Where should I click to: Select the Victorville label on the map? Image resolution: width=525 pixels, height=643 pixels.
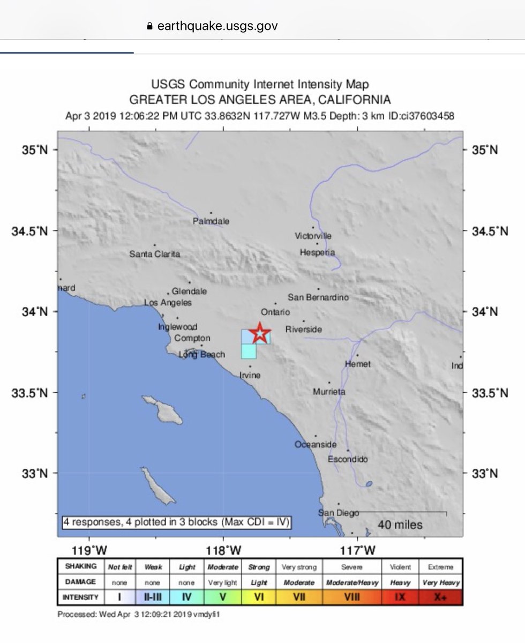[313, 236]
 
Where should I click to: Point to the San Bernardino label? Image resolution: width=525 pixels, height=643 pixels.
[318, 297]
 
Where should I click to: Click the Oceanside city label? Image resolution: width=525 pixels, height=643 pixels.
[316, 445]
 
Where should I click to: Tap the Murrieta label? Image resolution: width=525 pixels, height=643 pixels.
[329, 392]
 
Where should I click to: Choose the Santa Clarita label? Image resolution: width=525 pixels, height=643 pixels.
[155, 254]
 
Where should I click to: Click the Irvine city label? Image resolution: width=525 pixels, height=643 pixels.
[249, 375]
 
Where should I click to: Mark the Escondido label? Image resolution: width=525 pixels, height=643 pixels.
[348, 459]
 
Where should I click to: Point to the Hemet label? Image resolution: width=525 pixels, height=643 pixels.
[358, 364]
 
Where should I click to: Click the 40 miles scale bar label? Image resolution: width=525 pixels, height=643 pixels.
[400, 525]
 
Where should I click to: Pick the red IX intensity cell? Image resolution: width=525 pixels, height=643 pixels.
[399, 596]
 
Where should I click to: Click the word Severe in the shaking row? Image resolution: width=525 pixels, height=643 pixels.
[351, 567]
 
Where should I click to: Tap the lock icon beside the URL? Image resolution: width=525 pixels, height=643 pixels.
[149, 26]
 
